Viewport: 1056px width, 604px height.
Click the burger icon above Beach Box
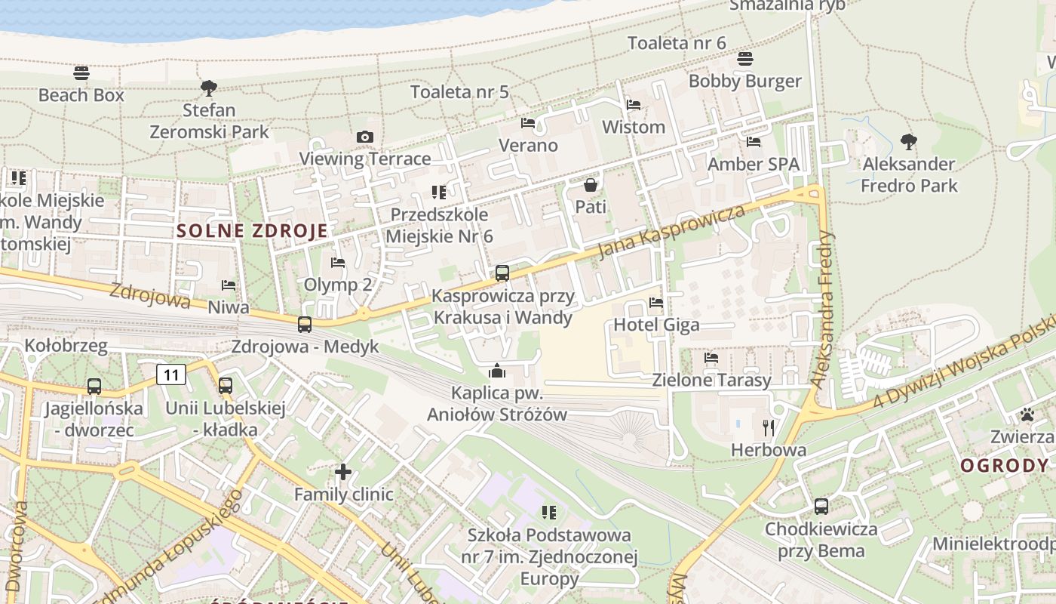[81, 73]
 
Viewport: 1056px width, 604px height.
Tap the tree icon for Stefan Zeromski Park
[209, 88]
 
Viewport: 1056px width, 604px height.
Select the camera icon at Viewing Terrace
[365, 137]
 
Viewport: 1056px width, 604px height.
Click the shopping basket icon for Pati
[591, 184]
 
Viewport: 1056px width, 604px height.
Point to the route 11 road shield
[172, 374]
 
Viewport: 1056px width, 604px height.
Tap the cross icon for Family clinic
[343, 473]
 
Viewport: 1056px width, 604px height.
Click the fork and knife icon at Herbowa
[769, 428]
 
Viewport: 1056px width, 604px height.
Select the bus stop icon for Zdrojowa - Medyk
[305, 325]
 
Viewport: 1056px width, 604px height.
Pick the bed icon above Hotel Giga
[656, 303]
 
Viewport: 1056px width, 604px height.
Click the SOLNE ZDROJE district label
[253, 231]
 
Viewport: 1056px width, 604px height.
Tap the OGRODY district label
[1004, 466]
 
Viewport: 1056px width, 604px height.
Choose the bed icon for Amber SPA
[753, 142]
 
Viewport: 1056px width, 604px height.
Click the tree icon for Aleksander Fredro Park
[909, 142]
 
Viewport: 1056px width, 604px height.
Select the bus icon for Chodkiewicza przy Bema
[821, 507]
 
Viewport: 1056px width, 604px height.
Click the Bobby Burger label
[744, 81]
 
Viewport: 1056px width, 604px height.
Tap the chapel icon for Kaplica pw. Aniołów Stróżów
[496, 371]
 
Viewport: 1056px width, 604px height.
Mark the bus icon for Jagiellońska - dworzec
[94, 387]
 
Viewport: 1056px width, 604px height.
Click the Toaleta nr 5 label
[459, 92]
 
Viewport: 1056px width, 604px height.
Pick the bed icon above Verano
[528, 123]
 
